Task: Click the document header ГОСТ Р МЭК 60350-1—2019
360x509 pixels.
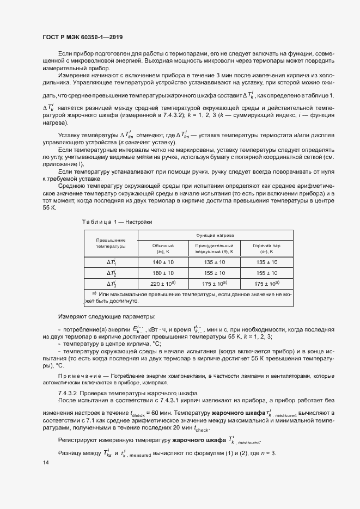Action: pyautogui.click(x=82, y=37)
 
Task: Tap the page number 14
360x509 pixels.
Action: pyautogui.click(x=46, y=462)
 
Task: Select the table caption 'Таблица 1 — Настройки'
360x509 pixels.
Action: pyautogui.click(x=117, y=222)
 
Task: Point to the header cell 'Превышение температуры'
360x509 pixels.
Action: pyautogui.click(x=111, y=243)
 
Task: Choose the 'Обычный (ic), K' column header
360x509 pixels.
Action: pyautogui.click(x=163, y=249)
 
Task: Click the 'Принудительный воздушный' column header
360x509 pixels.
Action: pyautogui.click(x=214, y=249)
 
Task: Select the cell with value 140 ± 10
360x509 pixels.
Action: pyautogui.click(x=163, y=262)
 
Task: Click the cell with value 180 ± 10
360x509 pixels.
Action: pyautogui.click(x=163, y=273)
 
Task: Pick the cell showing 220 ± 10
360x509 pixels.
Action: pyautogui.click(x=163, y=284)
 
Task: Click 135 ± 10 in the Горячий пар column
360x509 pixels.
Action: pyautogui.click(x=266, y=262)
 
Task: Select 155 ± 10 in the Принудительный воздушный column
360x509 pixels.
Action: pyautogui.click(x=214, y=273)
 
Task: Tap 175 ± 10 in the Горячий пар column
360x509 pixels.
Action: pyautogui.click(x=266, y=284)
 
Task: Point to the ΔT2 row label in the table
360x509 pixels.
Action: pyautogui.click(x=111, y=273)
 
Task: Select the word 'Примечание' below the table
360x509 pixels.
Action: pyautogui.click(x=76, y=376)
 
